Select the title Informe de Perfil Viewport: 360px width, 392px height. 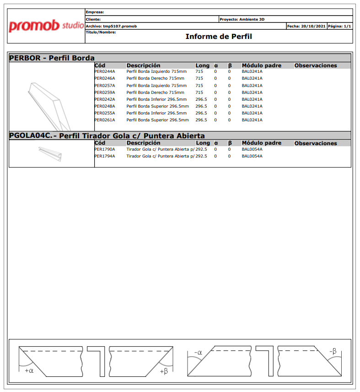pos(219,37)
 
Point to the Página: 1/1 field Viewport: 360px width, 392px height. pos(339,26)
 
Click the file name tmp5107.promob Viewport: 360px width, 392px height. pos(120,26)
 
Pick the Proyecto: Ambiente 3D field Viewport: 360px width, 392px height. pos(242,20)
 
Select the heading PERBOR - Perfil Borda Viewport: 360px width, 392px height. pos(52,58)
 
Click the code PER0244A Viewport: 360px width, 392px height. pos(105,72)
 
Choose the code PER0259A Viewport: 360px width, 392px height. pos(105,93)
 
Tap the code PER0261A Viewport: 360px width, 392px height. pos(105,120)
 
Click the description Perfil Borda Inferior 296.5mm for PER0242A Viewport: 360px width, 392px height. pos(156,99)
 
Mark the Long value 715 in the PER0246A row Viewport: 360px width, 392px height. pos(199,79)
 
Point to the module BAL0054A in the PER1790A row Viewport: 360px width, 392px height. pos(252,149)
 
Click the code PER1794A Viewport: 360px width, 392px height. pos(105,156)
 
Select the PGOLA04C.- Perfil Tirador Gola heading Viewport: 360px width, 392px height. pos(107,136)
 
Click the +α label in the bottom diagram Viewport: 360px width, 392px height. pos(29,370)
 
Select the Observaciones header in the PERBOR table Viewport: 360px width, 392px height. pos(316,65)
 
